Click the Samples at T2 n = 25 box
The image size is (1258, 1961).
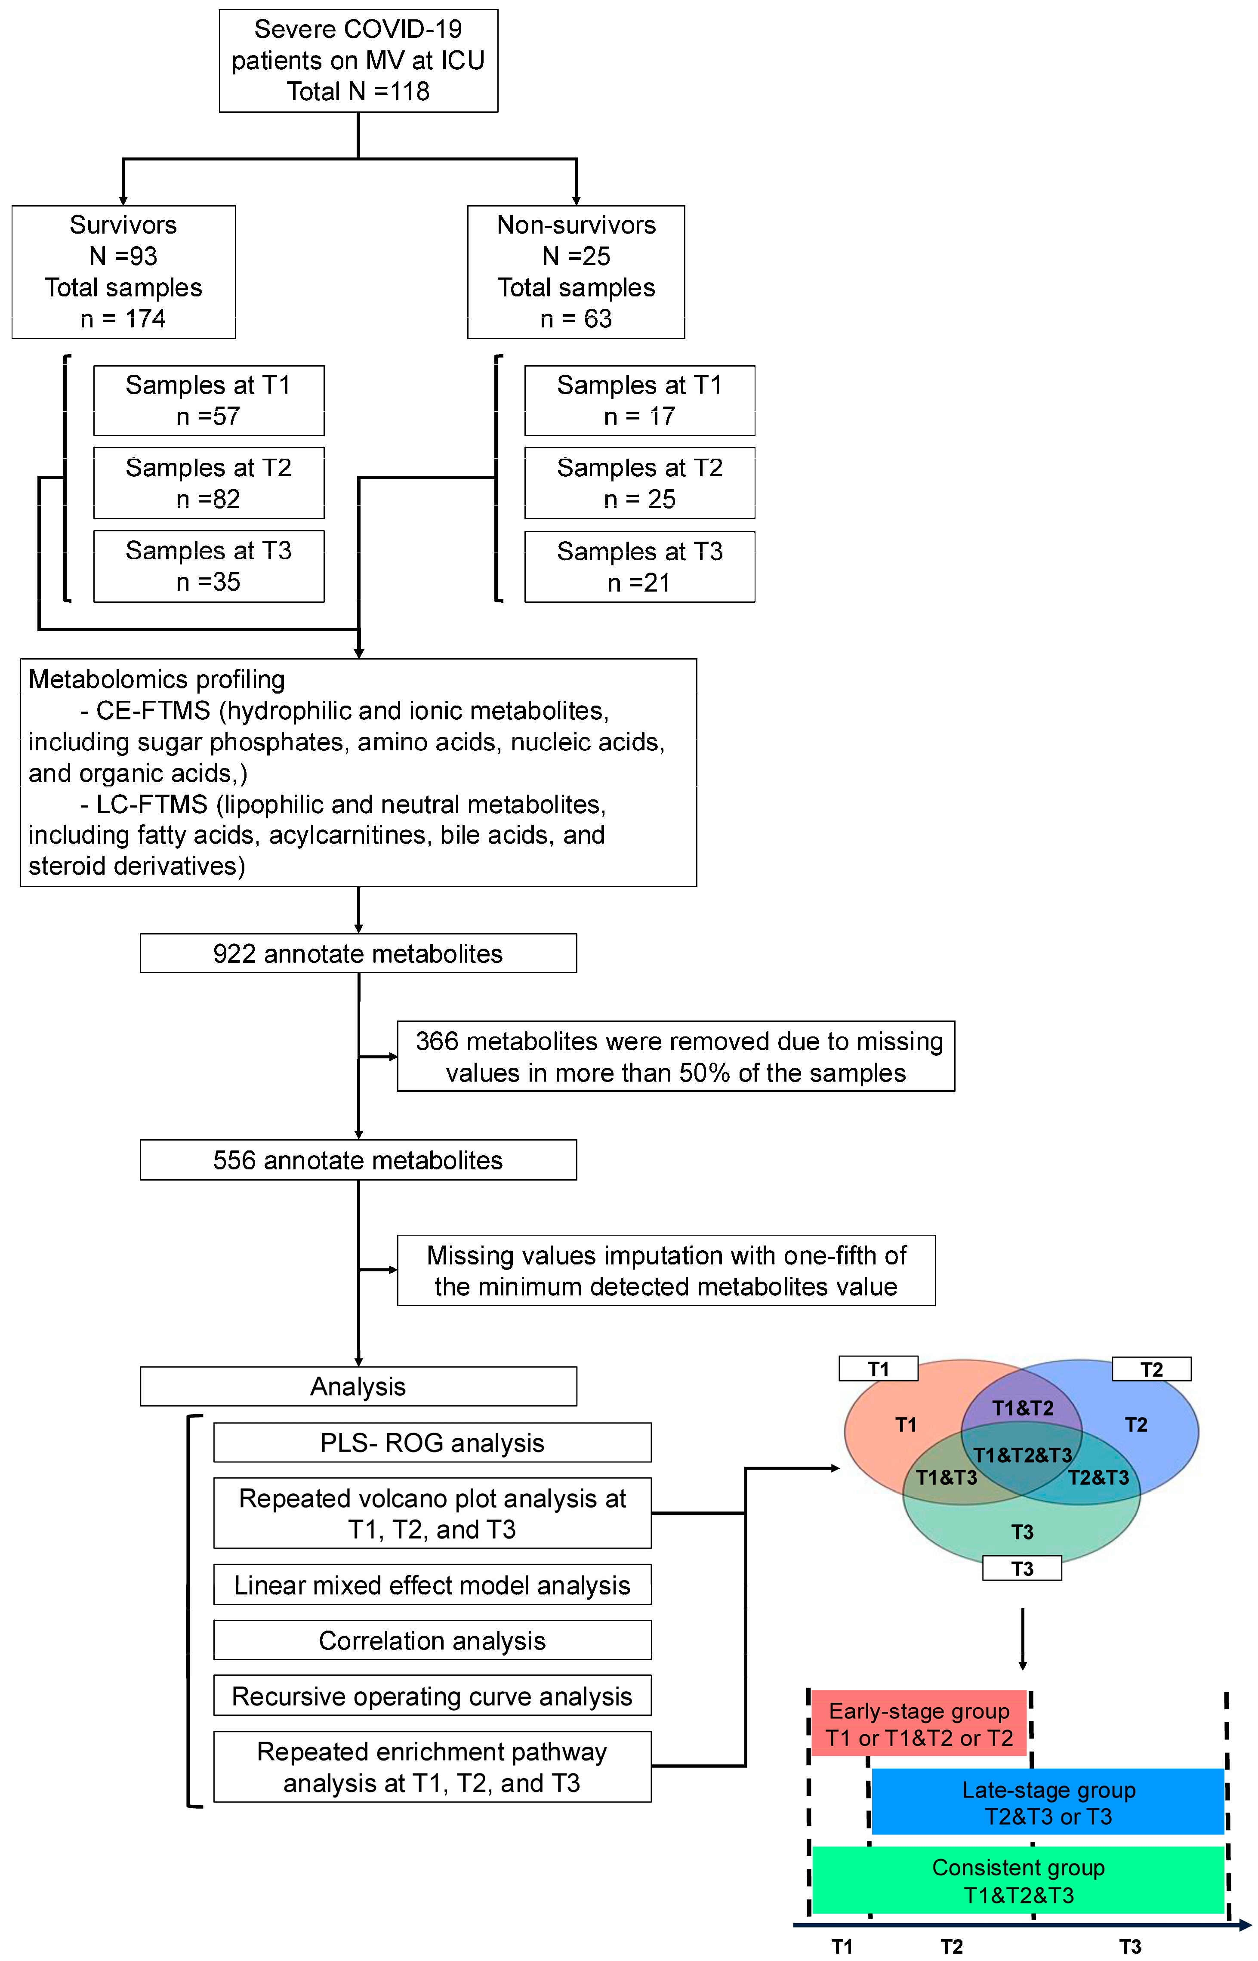tap(640, 483)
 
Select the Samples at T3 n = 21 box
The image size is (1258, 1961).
tap(640, 567)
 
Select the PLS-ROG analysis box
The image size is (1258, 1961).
tap(432, 1443)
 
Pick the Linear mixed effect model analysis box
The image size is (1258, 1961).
tap(432, 1585)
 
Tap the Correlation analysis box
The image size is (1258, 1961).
tap(432, 1640)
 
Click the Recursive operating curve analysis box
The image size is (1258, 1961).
tap(432, 1696)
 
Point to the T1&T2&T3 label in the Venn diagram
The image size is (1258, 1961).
tap(1023, 1455)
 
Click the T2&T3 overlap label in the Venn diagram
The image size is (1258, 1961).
tap(1099, 1477)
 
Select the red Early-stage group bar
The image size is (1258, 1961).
tap(919, 1724)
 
